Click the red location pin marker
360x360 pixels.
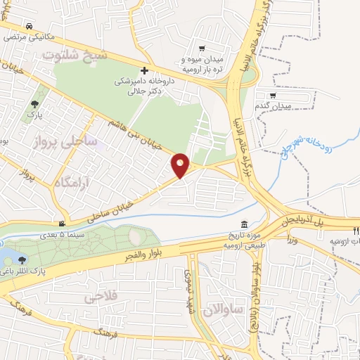pos(181,165)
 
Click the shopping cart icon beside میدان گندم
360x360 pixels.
pos(273,95)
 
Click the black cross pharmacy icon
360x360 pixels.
pos(145,70)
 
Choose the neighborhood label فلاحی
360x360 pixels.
pos(100,297)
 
